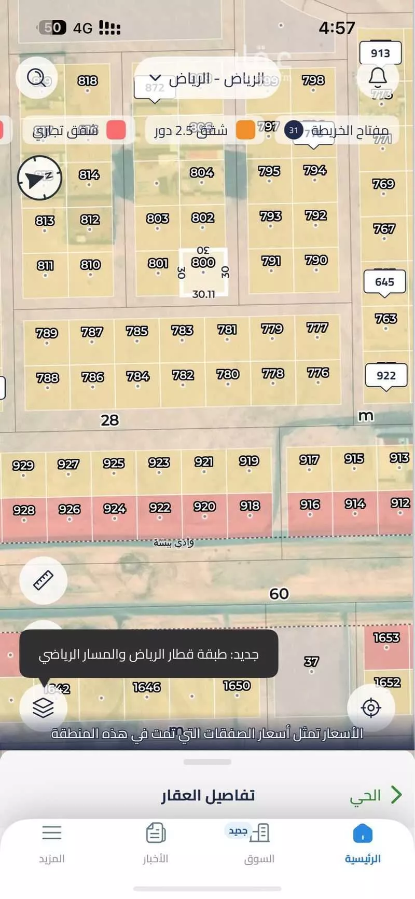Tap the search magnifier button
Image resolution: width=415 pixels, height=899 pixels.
37,78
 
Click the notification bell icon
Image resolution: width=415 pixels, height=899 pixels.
378,77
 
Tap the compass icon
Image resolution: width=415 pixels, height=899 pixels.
39,178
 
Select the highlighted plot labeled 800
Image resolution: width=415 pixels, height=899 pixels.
203,272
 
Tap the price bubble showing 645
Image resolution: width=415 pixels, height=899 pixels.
384,282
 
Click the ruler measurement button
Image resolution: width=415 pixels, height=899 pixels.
44,580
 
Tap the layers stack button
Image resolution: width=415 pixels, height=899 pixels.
43,707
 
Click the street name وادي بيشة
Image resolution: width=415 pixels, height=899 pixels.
174,543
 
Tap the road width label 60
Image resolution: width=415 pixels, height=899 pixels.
279,593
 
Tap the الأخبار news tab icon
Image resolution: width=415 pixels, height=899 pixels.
156,834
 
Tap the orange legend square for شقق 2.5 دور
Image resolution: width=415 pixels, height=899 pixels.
245,130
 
